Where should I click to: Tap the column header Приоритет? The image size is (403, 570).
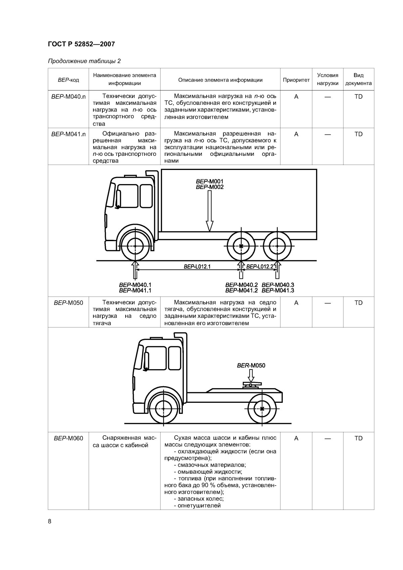click(296, 80)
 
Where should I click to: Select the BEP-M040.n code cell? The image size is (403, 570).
click(68, 97)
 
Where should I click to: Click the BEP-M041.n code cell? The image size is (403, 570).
click(68, 134)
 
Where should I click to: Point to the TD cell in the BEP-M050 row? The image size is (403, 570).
click(358, 303)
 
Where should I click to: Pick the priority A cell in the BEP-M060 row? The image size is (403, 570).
click(296, 438)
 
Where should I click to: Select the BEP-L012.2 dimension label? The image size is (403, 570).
click(260, 267)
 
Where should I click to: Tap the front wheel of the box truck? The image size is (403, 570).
click(135, 246)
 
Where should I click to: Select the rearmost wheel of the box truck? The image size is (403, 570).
click(277, 246)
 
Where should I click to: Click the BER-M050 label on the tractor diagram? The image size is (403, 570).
click(251, 365)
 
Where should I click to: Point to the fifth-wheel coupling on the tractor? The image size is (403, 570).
click(251, 385)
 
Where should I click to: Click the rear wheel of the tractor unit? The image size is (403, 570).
click(262, 408)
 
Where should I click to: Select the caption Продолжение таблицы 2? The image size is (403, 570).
click(84, 61)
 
